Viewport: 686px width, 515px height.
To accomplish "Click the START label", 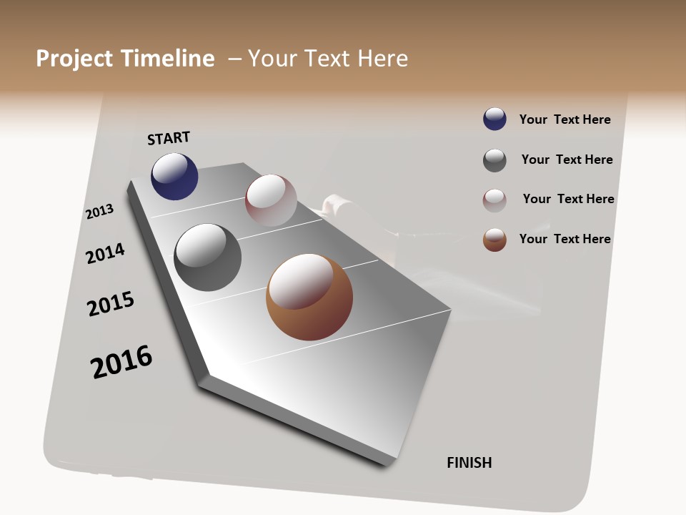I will point(169,138).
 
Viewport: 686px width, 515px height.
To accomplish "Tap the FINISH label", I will point(469,463).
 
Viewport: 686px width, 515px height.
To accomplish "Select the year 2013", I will point(99,212).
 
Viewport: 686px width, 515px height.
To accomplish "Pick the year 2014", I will point(105,253).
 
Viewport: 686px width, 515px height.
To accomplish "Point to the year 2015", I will point(111,304).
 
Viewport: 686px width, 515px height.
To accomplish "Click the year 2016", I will point(121,362).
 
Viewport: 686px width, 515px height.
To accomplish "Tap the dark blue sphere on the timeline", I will point(174,176).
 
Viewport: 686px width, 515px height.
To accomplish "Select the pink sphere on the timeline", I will point(271,200).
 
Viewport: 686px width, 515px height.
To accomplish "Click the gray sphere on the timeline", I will point(208,257).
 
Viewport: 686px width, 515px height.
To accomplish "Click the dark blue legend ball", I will point(494,119).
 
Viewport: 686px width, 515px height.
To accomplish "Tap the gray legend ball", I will point(494,160).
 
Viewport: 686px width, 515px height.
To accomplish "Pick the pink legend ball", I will point(494,200).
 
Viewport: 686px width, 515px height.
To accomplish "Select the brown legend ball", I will point(494,240).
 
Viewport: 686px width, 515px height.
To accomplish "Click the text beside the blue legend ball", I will point(565,119).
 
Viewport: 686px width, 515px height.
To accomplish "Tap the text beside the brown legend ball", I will point(565,239).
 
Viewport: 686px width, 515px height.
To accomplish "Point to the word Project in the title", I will point(74,59).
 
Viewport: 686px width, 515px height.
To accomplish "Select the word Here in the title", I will point(382,59).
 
